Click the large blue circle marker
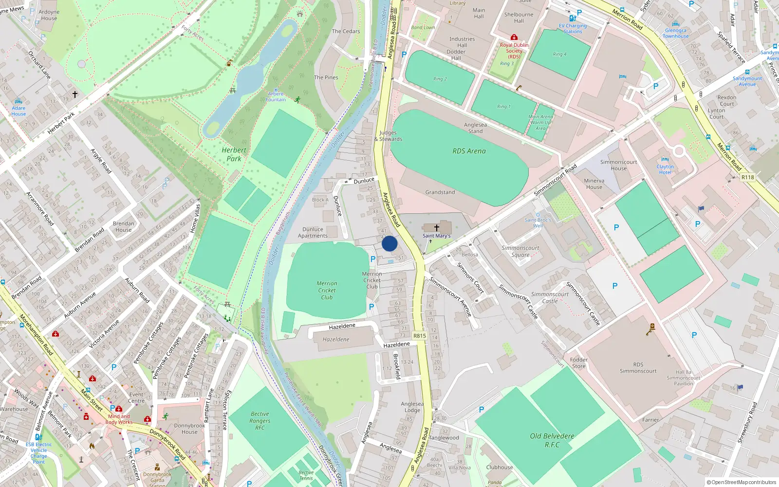pyautogui.click(x=389, y=243)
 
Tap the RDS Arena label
pyautogui.click(x=469, y=151)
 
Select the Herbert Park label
pyautogui.click(x=234, y=154)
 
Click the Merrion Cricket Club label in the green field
pyautogui.click(x=327, y=290)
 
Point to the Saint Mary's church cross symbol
pyautogui.click(x=437, y=227)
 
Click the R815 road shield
pyautogui.click(x=419, y=336)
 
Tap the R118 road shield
pyautogui.click(x=747, y=177)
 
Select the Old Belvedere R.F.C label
pyautogui.click(x=552, y=440)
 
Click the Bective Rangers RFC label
pyautogui.click(x=260, y=421)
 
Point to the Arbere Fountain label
pyautogui.click(x=276, y=97)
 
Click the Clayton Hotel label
pyautogui.click(x=665, y=169)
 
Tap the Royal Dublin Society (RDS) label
pyautogui.click(x=514, y=51)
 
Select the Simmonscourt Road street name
pyautogui.click(x=555, y=180)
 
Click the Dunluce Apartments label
pyautogui.click(x=313, y=232)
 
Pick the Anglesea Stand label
pyautogui.click(x=475, y=128)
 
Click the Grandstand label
pyautogui.click(x=440, y=192)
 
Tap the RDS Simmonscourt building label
pyautogui.click(x=638, y=368)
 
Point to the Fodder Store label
pyautogui.click(x=579, y=363)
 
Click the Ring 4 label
pyautogui.click(x=559, y=54)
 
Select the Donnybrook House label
pyautogui.click(x=189, y=429)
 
